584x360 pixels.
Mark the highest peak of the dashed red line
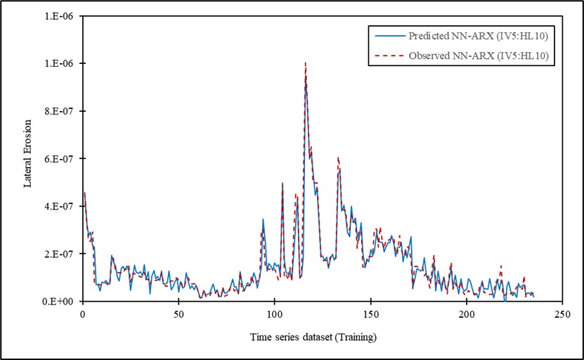coord(305,62)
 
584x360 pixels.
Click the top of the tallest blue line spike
coord(306,75)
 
